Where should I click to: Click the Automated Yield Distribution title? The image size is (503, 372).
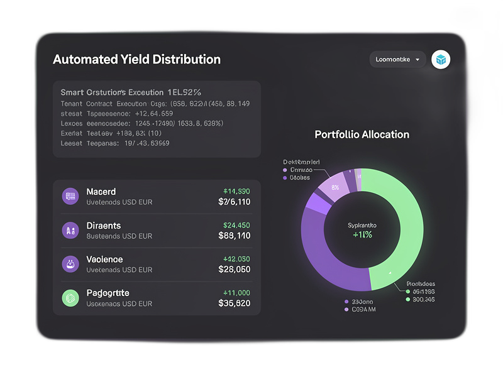click(x=136, y=60)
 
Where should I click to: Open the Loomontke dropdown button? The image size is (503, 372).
click(x=397, y=60)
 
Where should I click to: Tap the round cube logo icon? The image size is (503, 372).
click(x=441, y=60)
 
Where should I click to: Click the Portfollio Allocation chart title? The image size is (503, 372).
click(x=362, y=134)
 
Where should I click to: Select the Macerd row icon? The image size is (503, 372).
click(x=70, y=197)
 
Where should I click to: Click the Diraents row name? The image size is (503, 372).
click(x=103, y=226)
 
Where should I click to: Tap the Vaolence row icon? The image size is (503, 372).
click(x=70, y=264)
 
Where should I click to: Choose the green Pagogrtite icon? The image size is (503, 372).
click(x=70, y=298)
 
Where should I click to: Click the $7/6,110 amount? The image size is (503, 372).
click(x=234, y=202)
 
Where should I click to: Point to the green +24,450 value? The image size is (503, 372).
click(x=236, y=225)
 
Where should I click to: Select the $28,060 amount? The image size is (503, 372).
click(x=234, y=270)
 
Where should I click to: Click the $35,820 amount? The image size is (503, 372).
click(x=234, y=304)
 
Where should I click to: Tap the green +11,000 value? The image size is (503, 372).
click(x=236, y=293)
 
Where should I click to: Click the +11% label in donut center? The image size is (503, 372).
click(x=362, y=235)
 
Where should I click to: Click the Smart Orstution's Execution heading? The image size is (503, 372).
click(x=130, y=92)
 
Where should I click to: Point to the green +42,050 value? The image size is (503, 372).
click(x=236, y=259)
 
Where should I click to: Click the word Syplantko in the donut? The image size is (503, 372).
click(x=362, y=224)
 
